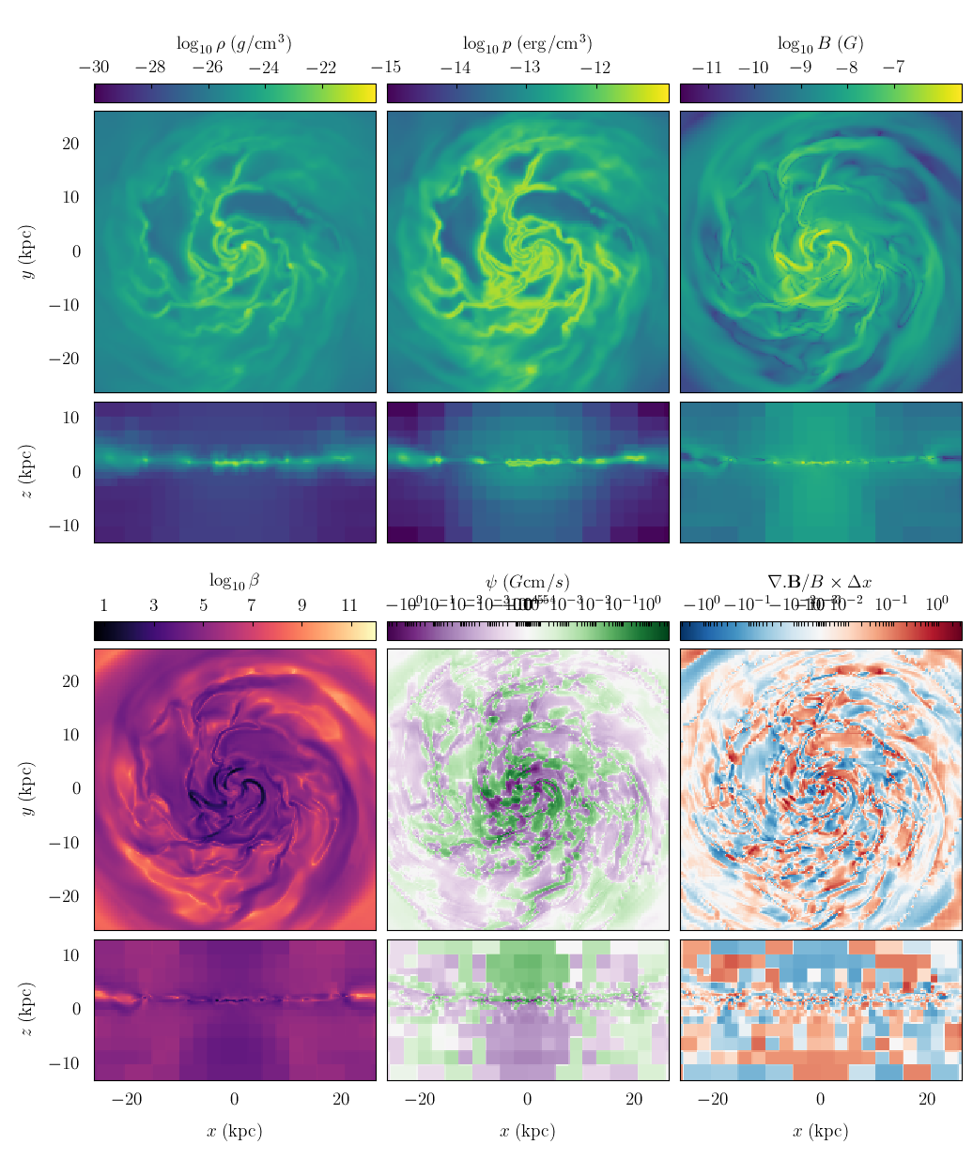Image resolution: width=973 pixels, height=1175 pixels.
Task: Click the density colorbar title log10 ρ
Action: tap(234, 43)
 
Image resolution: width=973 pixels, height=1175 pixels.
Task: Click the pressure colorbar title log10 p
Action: tap(527, 43)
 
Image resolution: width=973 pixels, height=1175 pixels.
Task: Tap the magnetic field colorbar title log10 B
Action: tap(820, 43)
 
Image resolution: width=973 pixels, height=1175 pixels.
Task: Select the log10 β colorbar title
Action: tap(234, 581)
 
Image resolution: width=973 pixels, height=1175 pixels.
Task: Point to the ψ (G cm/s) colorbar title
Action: tap(527, 582)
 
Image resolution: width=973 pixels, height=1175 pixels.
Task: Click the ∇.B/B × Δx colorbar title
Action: tap(820, 582)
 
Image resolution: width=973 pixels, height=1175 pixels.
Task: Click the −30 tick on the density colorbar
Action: tap(94, 68)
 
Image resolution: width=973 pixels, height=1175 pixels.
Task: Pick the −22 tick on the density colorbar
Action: tap(320, 68)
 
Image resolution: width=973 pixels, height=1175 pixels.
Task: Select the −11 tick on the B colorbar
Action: tap(706, 68)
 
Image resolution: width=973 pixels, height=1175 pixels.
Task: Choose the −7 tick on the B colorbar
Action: tap(893, 68)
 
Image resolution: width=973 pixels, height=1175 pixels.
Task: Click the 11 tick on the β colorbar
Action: tap(349, 605)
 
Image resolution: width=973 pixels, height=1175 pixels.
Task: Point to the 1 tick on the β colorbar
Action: tap(103, 605)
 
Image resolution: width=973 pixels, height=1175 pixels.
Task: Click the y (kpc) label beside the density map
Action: tap(29, 252)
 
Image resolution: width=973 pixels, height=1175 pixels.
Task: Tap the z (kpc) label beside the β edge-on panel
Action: tap(29, 1010)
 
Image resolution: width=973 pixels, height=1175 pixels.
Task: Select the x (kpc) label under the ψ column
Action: tap(527, 1131)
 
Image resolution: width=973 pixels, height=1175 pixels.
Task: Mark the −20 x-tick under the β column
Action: tap(127, 1100)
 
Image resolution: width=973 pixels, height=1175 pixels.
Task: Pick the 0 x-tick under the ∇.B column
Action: tap(820, 1100)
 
